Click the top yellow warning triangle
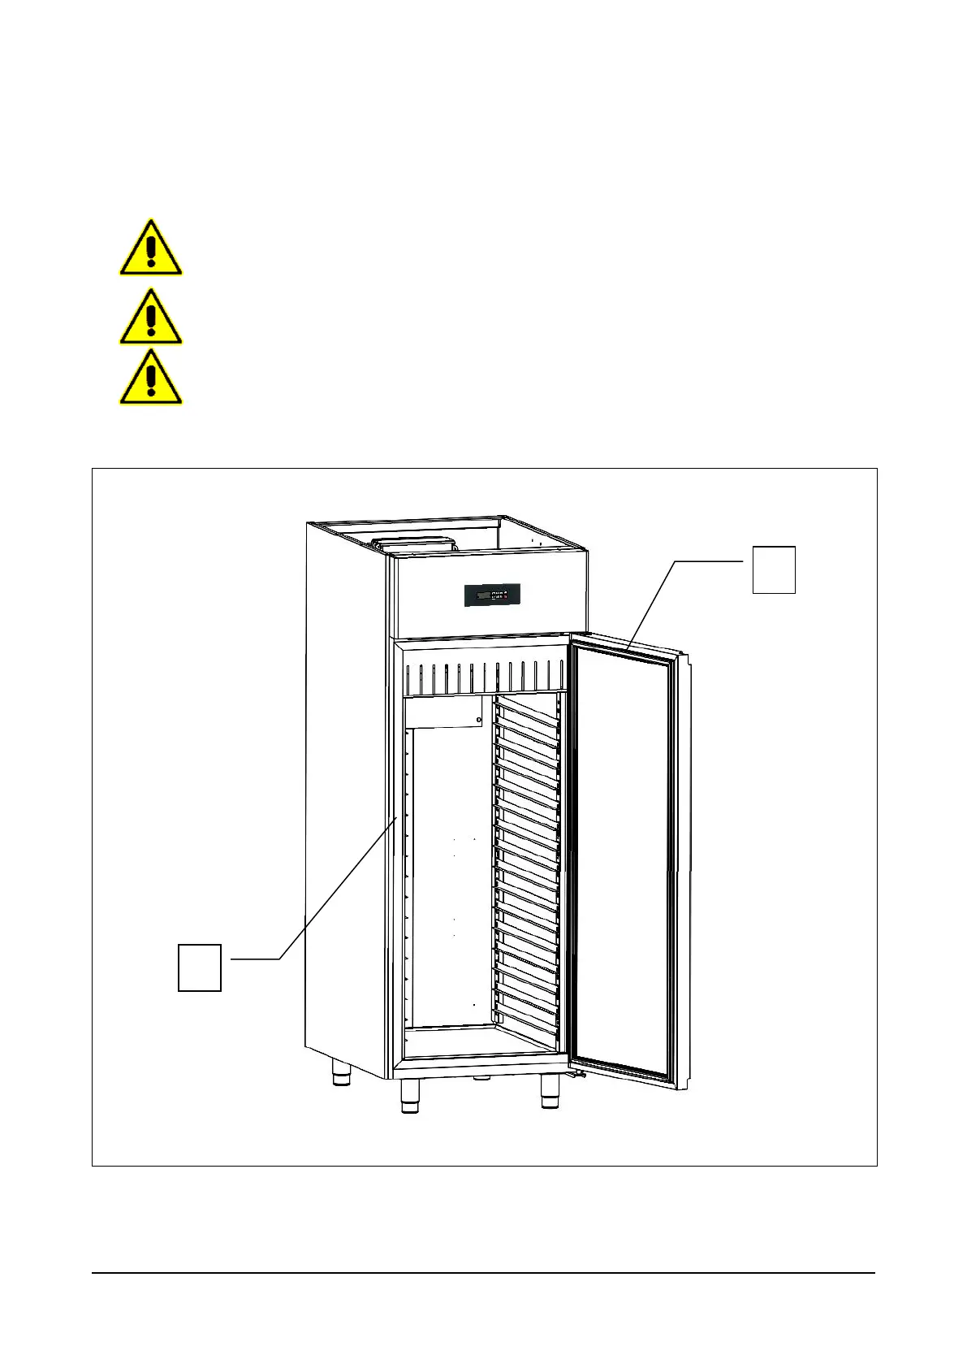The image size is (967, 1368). tap(151, 249)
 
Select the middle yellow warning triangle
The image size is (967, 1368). tap(151, 318)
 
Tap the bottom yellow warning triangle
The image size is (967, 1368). tap(151, 379)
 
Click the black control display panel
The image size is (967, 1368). tap(492, 595)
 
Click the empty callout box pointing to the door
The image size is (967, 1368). tap(773, 569)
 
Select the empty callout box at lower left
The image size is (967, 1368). tap(200, 967)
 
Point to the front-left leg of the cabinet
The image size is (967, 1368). tap(410, 1097)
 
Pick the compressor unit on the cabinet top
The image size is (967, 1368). tap(414, 544)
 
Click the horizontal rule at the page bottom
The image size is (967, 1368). tap(483, 1273)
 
